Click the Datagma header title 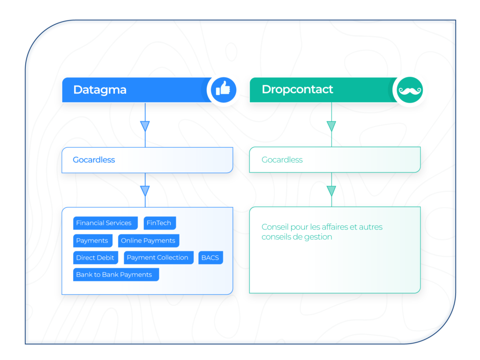pos(100,90)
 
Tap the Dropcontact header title pos(297,90)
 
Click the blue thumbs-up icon pos(223,90)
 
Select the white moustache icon pos(410,90)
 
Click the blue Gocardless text pos(94,160)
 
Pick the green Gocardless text pos(282,160)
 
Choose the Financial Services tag pos(104,223)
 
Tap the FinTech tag pos(159,223)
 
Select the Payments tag pos(92,240)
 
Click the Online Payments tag pos(148,240)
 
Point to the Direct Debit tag pos(95,258)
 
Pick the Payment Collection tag pos(157,258)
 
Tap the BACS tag pos(210,258)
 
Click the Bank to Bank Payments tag pos(114,275)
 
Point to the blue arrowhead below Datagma pos(145,126)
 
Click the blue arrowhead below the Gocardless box pos(145,191)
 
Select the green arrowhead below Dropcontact pos(331,126)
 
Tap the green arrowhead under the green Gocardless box pos(331,191)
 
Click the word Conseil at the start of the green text pos(275,227)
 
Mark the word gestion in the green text pos(318,237)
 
